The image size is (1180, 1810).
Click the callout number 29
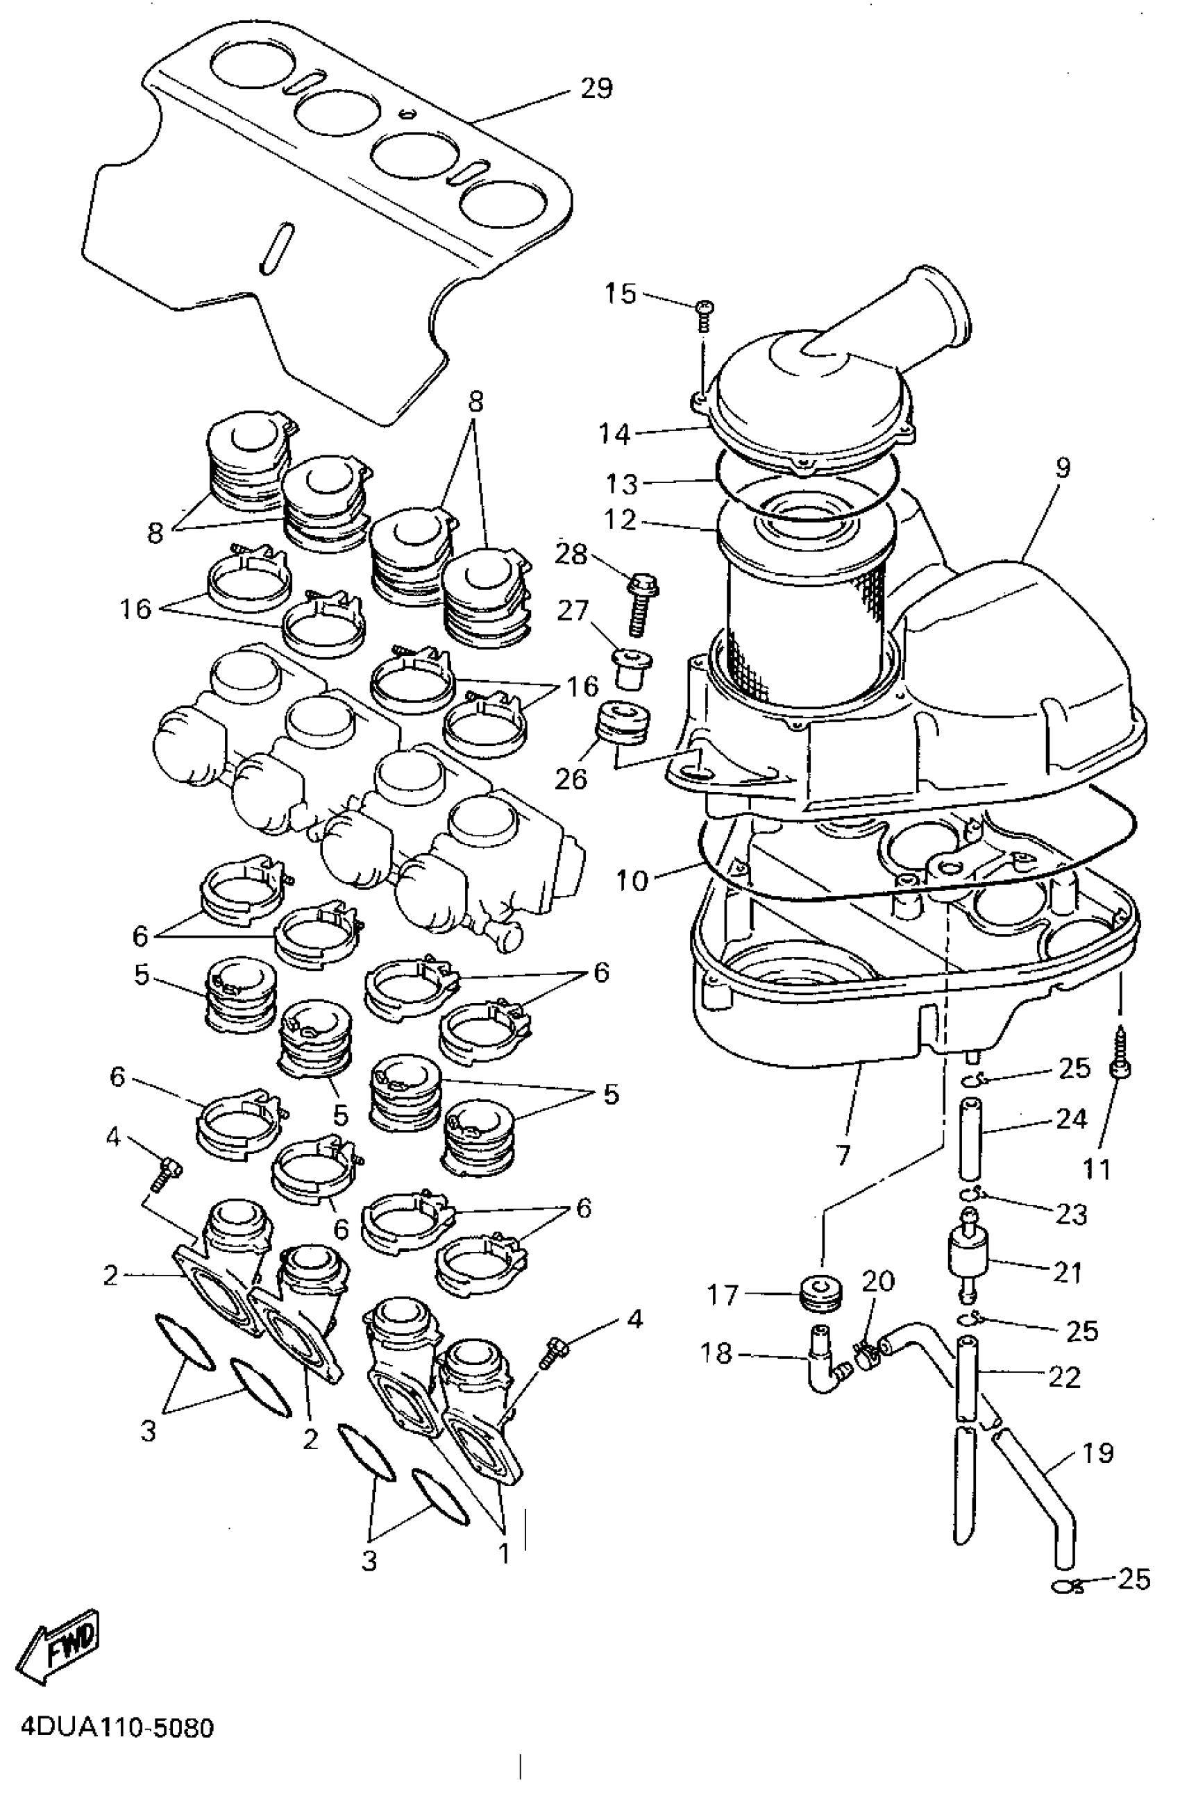[x=596, y=90]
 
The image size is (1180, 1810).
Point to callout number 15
[x=620, y=294]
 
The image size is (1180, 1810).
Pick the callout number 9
[x=1062, y=467]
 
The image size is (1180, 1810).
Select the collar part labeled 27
[x=631, y=663]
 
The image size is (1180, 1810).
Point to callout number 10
[x=632, y=881]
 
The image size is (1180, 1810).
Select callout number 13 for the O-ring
[x=621, y=484]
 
